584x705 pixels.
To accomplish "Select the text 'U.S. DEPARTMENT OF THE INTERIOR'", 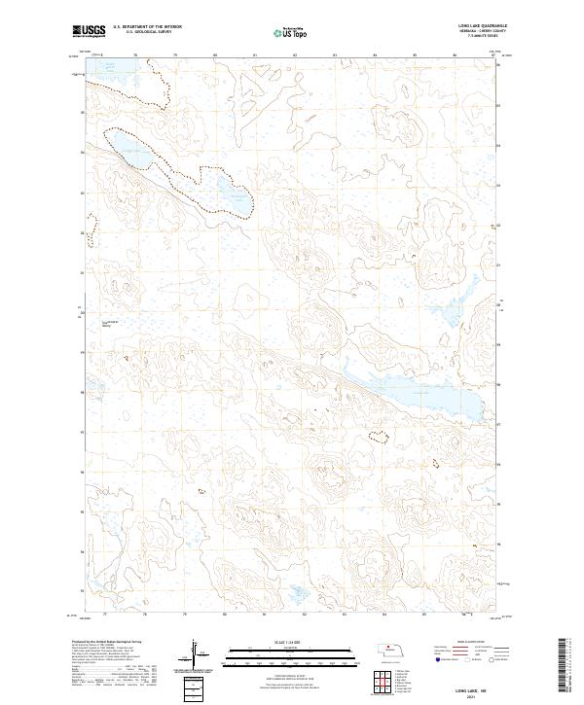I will (x=147, y=28).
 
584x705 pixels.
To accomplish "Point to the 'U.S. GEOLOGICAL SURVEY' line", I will (x=143, y=33).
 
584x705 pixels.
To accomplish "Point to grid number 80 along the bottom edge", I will (x=225, y=615).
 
